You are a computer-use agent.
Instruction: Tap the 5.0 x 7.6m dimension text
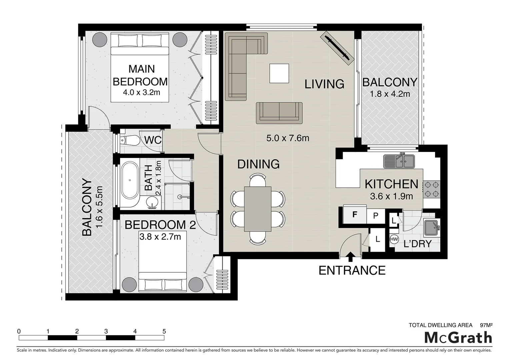[287, 138]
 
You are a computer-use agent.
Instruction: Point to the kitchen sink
[399, 161]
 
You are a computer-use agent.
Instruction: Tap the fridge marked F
[355, 215]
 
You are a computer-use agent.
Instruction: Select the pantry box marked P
[376, 216]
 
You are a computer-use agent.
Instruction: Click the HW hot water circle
[394, 239]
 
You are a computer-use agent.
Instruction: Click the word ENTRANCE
[352, 270]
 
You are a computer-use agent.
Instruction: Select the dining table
[257, 209]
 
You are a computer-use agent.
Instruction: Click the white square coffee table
[279, 73]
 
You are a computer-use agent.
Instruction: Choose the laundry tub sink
[431, 227]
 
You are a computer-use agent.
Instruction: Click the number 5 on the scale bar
[164, 331]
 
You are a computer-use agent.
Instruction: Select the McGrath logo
[458, 338]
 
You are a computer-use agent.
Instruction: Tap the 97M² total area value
[486, 325]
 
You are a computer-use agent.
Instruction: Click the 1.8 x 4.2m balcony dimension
[390, 94]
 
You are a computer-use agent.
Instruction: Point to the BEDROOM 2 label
[160, 225]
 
